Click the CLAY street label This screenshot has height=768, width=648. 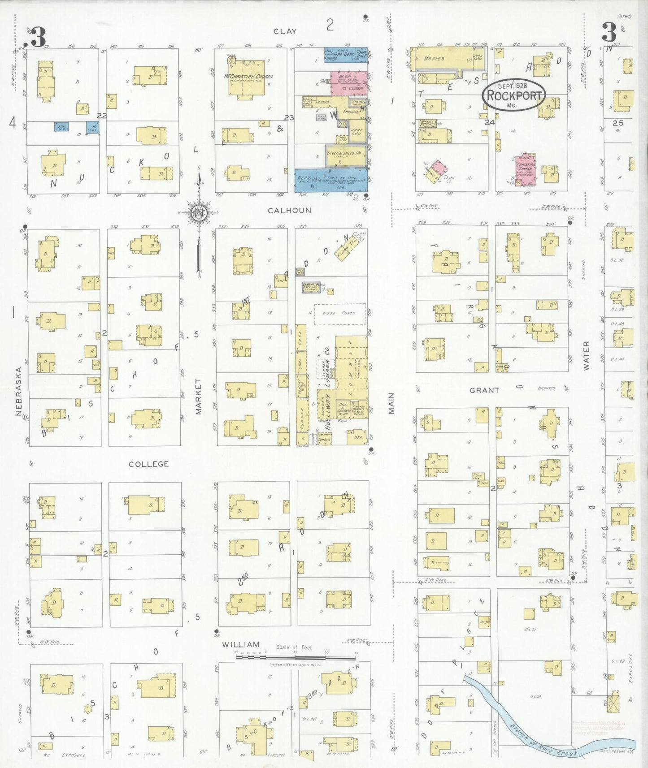(285, 31)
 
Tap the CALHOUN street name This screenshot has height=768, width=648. (289, 210)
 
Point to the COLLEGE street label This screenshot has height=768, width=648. (149, 464)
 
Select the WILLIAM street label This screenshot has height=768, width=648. (241, 644)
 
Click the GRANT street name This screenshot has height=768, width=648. (484, 390)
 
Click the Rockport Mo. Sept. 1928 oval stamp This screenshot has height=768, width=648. (513, 95)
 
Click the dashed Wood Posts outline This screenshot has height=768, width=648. (340, 314)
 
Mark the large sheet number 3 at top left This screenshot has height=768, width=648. (38, 37)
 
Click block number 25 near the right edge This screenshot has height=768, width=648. (618, 123)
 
